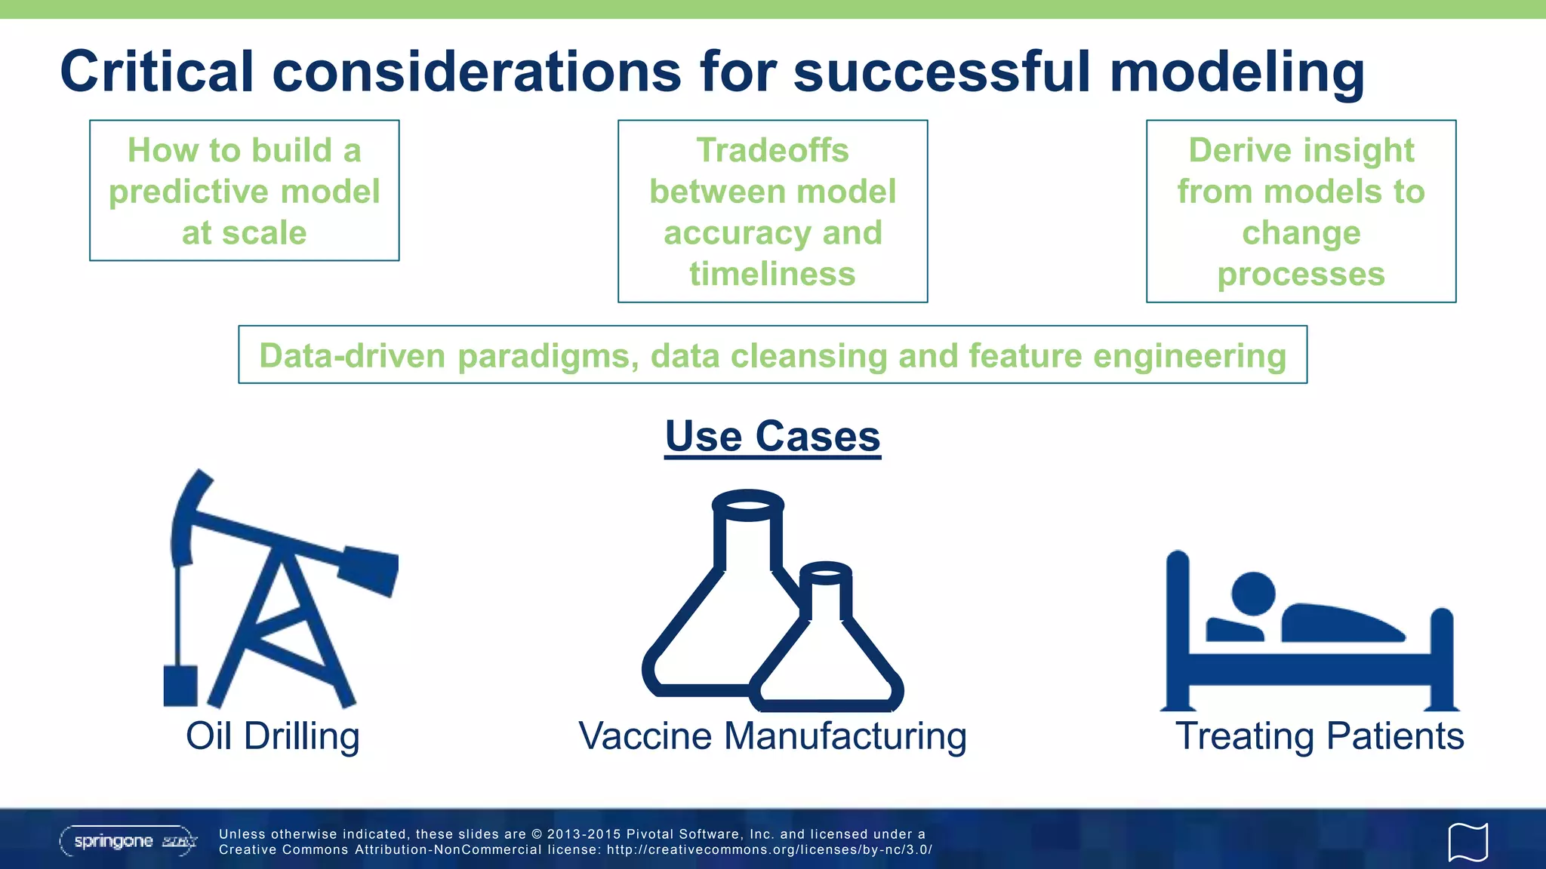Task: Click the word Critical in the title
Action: [x=156, y=72]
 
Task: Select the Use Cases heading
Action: [x=772, y=436]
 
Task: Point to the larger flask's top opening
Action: [x=747, y=505]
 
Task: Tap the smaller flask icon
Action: [x=827, y=649]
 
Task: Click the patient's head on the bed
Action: [x=1253, y=594]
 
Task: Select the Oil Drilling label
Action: [x=273, y=736]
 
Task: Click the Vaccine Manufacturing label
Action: [x=772, y=736]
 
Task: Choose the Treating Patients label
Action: [x=1319, y=736]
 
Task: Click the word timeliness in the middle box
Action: [x=772, y=274]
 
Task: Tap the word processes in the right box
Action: [x=1301, y=274]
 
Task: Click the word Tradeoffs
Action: [x=772, y=150]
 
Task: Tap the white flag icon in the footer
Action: [x=1467, y=842]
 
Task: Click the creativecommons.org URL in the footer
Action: [x=769, y=850]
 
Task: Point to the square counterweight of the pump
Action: [x=180, y=685]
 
